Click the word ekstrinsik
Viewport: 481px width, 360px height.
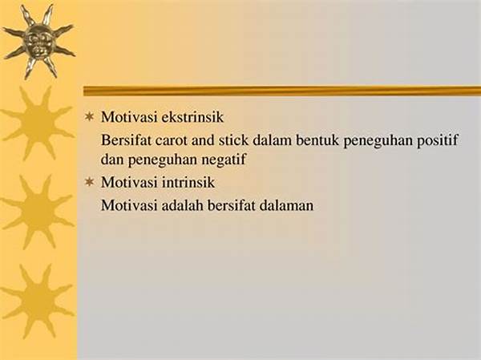point(192,117)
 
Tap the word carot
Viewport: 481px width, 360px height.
point(171,140)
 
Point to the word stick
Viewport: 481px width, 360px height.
point(233,140)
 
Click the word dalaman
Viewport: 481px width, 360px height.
point(286,205)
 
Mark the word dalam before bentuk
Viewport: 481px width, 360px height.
point(273,140)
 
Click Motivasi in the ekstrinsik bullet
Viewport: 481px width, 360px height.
point(129,117)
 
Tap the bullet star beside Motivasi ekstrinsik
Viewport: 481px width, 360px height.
point(89,117)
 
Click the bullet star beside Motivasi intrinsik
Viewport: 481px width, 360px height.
point(89,182)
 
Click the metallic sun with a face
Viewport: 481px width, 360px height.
point(39,42)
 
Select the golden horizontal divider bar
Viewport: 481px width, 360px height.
point(282,91)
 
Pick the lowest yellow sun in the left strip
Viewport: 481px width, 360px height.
point(38,301)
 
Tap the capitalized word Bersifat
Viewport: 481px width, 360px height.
point(126,140)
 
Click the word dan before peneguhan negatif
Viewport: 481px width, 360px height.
point(112,160)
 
